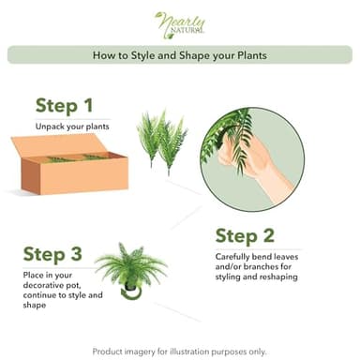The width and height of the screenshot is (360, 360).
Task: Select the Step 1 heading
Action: click(64, 105)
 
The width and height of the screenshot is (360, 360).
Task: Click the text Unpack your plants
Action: click(72, 125)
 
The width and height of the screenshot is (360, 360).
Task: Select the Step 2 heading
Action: click(244, 235)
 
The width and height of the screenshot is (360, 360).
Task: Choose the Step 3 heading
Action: click(52, 253)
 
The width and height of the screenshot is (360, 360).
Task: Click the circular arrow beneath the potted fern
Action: click(132, 294)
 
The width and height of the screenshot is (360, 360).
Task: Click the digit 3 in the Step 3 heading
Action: click(77, 253)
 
